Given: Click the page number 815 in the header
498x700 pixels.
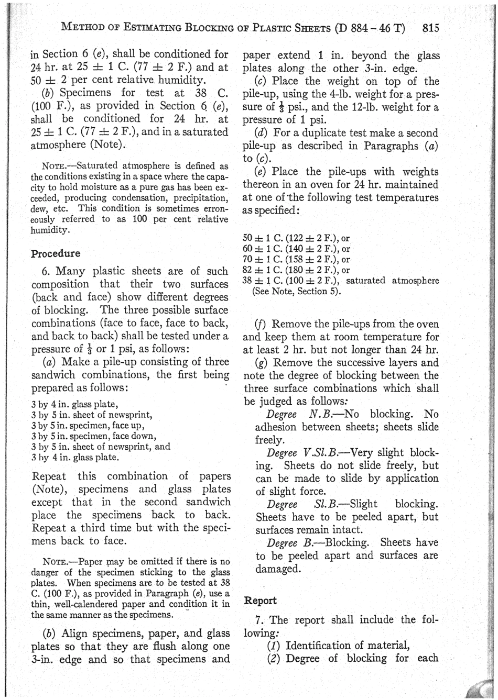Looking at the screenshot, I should click(x=429, y=28).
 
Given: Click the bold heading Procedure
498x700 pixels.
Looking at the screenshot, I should click(x=56, y=253).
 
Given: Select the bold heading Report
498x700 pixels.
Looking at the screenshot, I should click(x=261, y=601).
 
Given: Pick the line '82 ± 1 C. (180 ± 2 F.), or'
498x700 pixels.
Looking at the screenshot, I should click(x=297, y=270).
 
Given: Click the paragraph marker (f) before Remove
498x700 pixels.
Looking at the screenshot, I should click(x=263, y=325).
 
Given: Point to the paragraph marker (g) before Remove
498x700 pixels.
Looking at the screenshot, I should click(x=263, y=363).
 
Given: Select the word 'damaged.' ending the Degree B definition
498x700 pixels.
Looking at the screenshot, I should click(x=278, y=569).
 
